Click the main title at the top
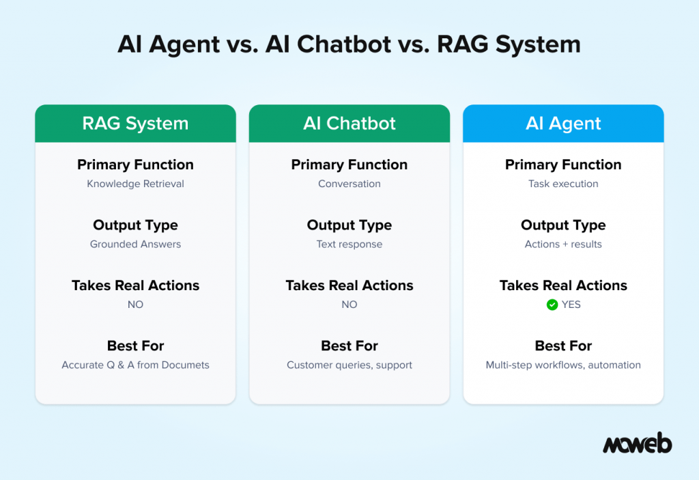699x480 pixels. pyautogui.click(x=349, y=44)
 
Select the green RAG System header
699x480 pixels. pyautogui.click(x=135, y=124)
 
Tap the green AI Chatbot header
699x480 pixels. pyautogui.click(x=349, y=124)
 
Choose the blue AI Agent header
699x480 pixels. pyautogui.click(x=563, y=124)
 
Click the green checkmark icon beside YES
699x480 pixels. pyautogui.click(x=552, y=305)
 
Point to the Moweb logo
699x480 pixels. pyautogui.click(x=637, y=444)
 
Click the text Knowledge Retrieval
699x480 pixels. pyautogui.click(x=135, y=184)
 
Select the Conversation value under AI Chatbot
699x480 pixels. pyautogui.click(x=349, y=184)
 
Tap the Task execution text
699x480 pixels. pyautogui.click(x=563, y=184)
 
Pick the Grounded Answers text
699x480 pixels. pyautogui.click(x=135, y=244)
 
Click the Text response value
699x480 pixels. pyautogui.click(x=349, y=244)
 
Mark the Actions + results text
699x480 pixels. pyautogui.click(x=563, y=244)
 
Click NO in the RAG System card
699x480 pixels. pyautogui.click(x=135, y=305)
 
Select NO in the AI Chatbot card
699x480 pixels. pyautogui.click(x=349, y=305)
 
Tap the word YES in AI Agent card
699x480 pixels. pyautogui.click(x=571, y=305)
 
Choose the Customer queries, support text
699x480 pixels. pyautogui.click(x=349, y=365)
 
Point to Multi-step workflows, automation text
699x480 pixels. pyautogui.click(x=563, y=365)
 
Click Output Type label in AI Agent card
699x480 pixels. pyautogui.click(x=563, y=225)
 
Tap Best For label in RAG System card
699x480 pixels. pyautogui.click(x=135, y=346)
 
